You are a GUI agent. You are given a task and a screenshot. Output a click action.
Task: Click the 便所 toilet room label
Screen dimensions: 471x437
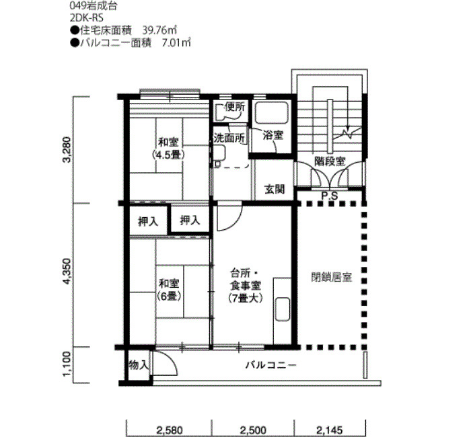235,108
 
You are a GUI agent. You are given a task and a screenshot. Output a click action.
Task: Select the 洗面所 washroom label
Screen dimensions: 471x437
229,138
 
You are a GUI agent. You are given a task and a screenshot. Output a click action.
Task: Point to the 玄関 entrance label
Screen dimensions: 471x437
275,189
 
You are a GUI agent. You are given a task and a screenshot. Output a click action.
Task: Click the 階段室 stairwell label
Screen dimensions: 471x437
330,161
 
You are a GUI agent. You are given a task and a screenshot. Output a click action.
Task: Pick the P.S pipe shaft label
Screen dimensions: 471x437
330,196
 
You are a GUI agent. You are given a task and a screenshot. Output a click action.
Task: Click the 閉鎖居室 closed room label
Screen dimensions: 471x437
332,277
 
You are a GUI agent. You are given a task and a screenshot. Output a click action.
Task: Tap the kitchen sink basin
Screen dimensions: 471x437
283,309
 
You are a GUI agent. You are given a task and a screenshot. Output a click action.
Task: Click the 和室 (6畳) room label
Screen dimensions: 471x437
169,290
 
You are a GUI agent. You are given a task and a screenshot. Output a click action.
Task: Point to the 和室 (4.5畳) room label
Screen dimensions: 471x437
168,148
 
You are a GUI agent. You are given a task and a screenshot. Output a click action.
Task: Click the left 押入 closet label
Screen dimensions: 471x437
148,221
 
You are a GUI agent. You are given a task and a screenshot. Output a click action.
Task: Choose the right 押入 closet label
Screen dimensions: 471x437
190,221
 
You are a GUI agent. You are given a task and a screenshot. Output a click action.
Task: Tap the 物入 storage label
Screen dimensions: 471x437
139,365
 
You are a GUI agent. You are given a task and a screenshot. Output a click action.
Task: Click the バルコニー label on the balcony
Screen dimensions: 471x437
271,365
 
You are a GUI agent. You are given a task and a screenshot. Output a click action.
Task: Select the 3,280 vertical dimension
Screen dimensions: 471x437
67,149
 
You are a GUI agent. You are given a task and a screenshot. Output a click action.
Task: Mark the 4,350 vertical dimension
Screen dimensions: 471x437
67,272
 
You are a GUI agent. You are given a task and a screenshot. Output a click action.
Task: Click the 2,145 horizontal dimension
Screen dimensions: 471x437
330,430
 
